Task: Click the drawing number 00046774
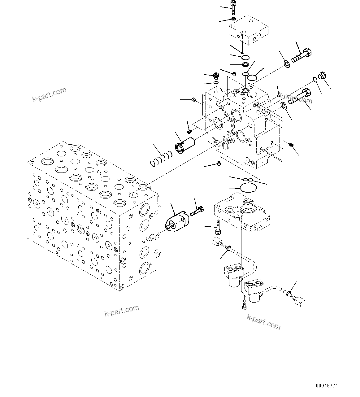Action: pos(327,386)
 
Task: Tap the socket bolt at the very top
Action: pos(233,7)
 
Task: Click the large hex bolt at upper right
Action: pos(302,56)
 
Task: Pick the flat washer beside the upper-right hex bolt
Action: pos(287,64)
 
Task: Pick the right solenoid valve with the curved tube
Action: pos(254,291)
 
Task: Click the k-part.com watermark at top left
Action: pos(49,95)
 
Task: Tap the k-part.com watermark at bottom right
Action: pos(263,322)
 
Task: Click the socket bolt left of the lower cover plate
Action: pos(218,229)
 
